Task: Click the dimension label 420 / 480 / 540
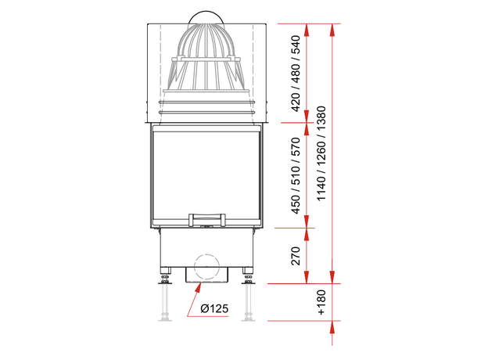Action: coord(295,75)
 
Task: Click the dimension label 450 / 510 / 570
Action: coord(295,175)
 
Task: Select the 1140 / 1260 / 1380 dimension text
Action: coord(321,154)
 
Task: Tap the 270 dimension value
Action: coord(295,255)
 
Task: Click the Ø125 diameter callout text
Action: coord(213,309)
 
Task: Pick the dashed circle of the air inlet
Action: coord(207,266)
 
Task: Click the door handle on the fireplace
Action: coord(207,216)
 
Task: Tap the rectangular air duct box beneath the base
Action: coord(207,275)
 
